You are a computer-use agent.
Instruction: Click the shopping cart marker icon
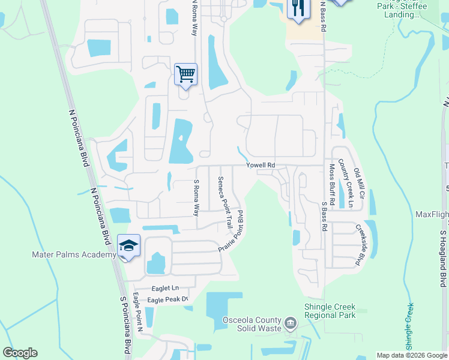pos(185,74)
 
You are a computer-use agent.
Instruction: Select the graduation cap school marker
pos(128,245)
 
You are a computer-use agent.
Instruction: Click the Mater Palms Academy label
pos(74,255)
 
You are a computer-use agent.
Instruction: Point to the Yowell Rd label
pos(260,165)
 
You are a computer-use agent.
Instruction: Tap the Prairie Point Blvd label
pos(233,230)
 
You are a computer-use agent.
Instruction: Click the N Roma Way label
pos(194,18)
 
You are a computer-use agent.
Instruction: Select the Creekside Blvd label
pos(361,245)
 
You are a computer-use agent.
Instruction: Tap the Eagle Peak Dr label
pos(168,299)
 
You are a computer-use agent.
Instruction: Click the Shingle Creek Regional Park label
pos(330,310)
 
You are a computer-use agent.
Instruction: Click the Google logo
pos(20,353)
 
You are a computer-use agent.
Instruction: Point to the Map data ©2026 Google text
pos(411,355)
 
